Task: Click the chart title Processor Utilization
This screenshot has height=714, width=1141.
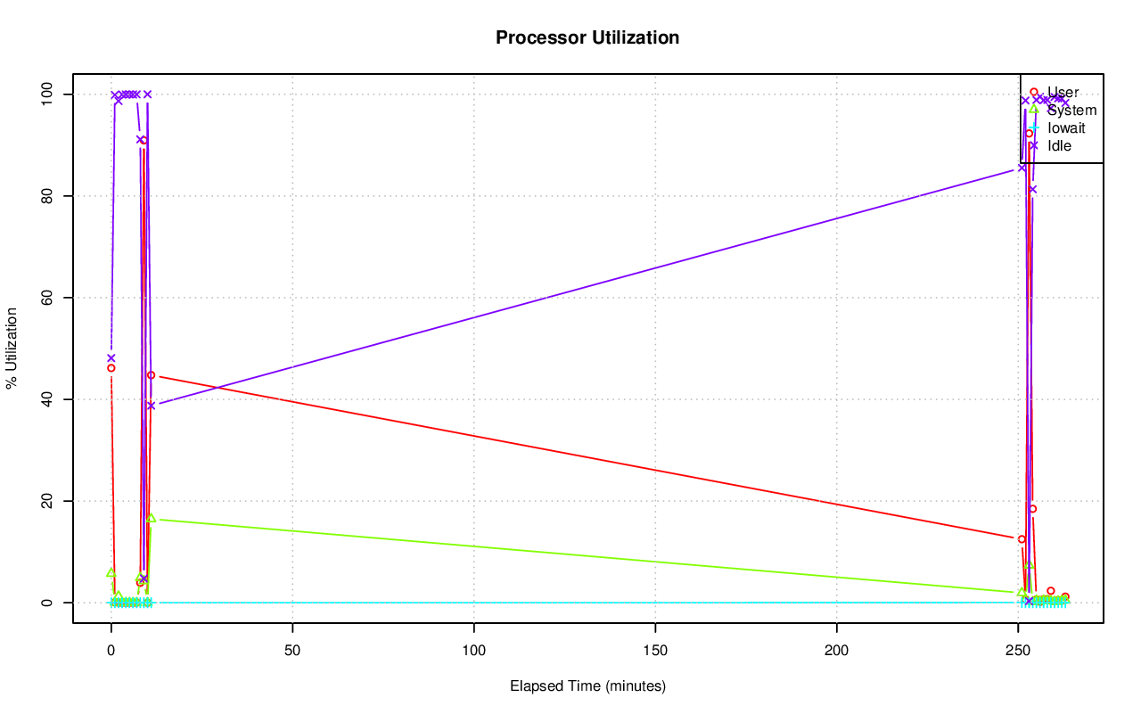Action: coord(587,37)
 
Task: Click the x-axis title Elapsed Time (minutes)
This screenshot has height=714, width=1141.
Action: coord(587,686)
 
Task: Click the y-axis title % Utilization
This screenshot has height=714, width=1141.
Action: coord(12,348)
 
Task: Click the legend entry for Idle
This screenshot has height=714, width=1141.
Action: coord(1059,145)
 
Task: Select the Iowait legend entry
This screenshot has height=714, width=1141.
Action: coord(1066,127)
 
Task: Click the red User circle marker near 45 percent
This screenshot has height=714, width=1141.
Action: coord(151,375)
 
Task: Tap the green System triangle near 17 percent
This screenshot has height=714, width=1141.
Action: coord(151,518)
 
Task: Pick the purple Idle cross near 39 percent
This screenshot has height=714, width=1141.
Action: coord(151,406)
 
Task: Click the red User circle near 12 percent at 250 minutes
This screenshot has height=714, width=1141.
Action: coord(1022,539)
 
